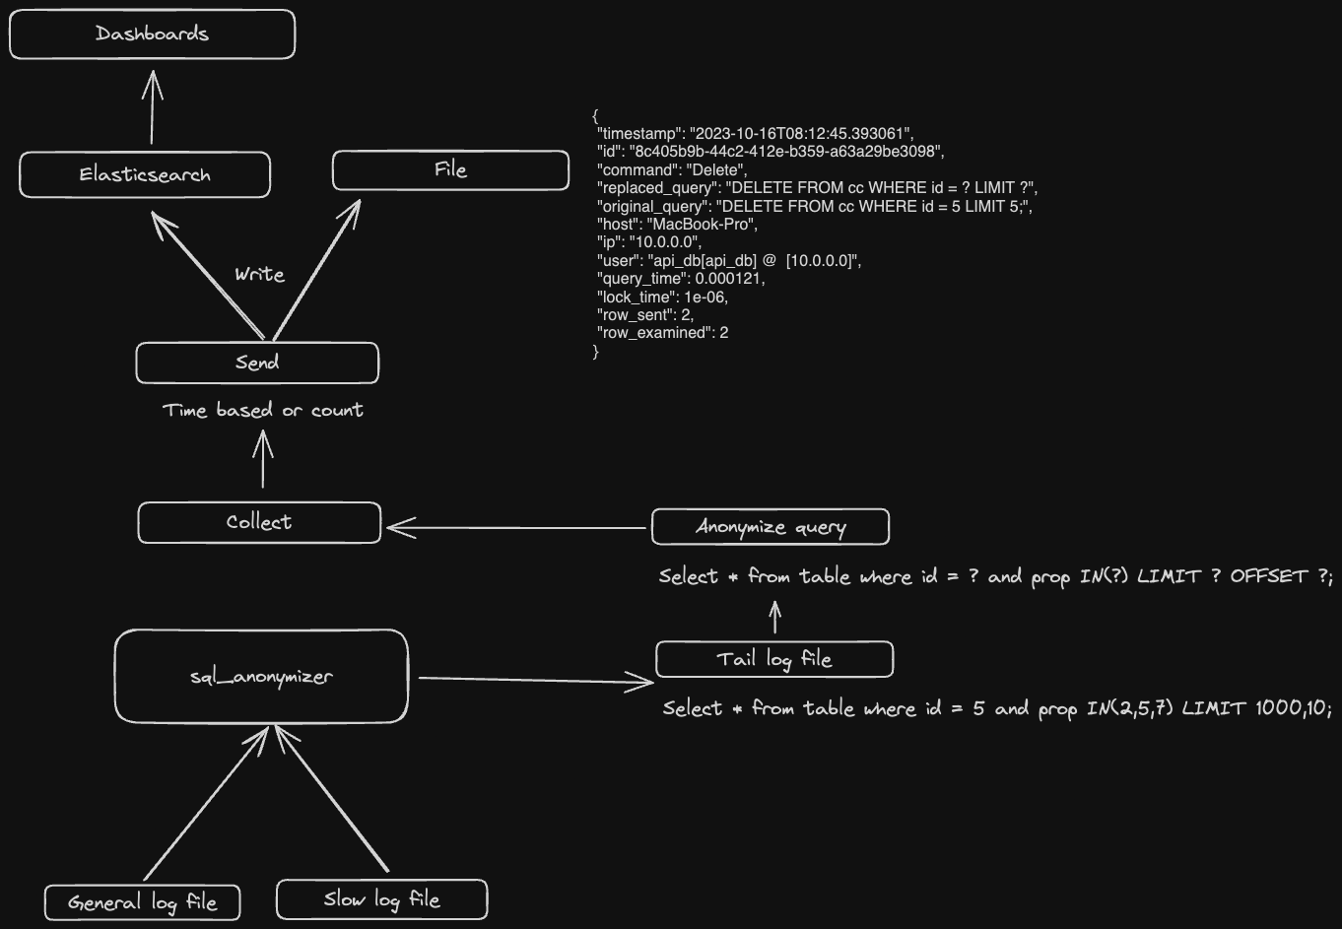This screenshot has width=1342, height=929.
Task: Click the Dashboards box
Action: coord(152,34)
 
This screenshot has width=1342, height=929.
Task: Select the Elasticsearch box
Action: coord(145,175)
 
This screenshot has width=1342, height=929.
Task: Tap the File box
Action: coord(450,170)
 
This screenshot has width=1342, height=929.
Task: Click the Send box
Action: coord(257,363)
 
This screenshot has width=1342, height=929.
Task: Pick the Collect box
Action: coord(259,522)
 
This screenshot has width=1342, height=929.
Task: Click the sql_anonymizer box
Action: coord(261,676)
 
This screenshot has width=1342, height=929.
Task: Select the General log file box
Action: coord(143,902)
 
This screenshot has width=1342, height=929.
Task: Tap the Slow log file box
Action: coord(381,899)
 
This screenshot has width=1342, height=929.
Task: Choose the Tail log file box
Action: coord(774,659)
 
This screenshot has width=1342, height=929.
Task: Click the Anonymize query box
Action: coord(771,527)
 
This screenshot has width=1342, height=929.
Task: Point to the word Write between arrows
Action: coord(259,275)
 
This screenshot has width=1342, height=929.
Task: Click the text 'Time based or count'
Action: coord(263,410)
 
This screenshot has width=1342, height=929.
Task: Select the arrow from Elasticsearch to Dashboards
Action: coord(152,108)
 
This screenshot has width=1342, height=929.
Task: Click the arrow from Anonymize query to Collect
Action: coord(517,528)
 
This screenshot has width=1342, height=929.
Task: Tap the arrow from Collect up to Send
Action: coord(263,460)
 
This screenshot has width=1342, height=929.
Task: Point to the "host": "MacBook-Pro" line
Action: coord(678,224)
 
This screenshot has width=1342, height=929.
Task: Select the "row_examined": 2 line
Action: coord(663,333)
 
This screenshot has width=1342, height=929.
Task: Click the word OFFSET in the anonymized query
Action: coord(1268,576)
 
